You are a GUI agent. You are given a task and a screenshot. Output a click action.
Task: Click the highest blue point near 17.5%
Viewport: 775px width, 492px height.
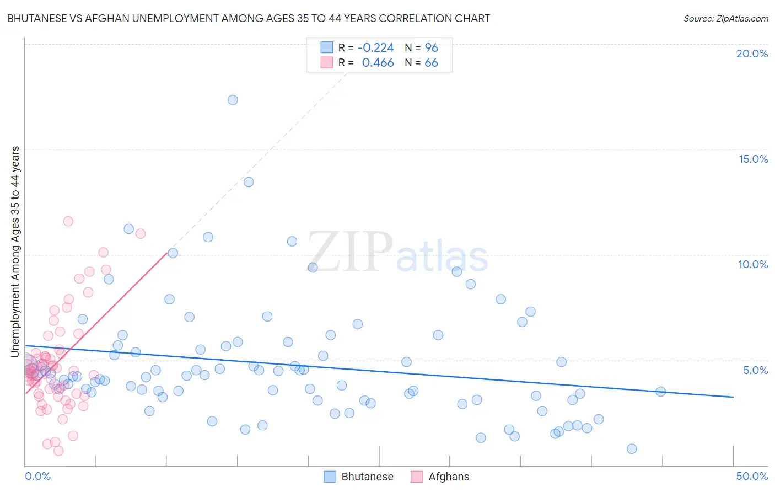click(x=233, y=100)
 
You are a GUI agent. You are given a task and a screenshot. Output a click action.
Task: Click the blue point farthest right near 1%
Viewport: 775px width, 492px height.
click(x=632, y=449)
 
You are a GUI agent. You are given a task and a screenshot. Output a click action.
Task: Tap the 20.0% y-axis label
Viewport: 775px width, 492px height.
click(x=752, y=54)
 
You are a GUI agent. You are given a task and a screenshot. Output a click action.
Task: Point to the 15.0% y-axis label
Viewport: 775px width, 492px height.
click(x=753, y=159)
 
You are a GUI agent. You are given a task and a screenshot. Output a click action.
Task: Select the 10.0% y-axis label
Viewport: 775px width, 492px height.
click(x=753, y=264)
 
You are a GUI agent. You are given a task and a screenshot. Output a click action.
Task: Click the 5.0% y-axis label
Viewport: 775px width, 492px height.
click(x=755, y=370)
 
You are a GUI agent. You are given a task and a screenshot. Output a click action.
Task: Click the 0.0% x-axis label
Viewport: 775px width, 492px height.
click(x=37, y=476)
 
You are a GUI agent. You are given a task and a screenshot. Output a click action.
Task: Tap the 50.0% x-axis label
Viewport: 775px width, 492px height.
click(x=752, y=476)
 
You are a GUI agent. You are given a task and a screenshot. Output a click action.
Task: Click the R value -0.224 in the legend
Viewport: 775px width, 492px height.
click(x=375, y=48)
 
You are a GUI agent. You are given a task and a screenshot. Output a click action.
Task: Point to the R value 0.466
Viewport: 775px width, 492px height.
click(x=378, y=63)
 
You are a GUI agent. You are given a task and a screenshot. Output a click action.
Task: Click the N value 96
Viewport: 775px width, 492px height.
click(x=431, y=48)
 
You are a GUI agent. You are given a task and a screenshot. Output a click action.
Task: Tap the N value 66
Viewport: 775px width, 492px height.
click(x=431, y=63)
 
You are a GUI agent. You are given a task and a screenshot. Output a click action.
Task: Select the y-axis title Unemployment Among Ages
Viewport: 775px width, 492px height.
click(x=15, y=251)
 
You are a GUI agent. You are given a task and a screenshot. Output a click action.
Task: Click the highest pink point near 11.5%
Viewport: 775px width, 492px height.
click(x=68, y=221)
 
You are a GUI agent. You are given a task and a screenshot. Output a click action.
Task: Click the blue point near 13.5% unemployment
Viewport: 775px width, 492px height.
click(x=249, y=182)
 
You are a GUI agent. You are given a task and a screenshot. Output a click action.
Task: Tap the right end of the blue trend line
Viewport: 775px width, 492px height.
click(x=733, y=397)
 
